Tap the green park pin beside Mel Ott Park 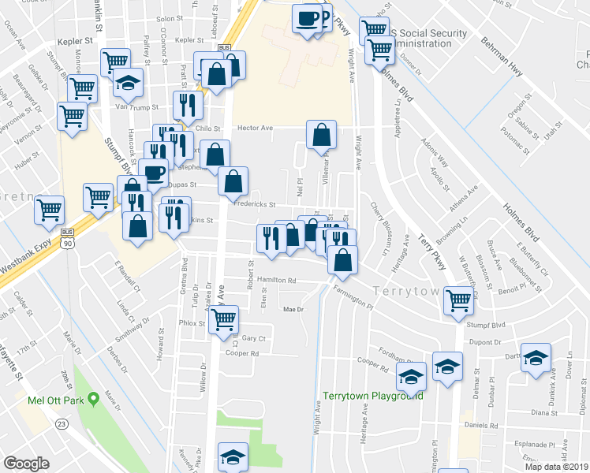click(93, 397)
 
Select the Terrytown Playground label click(372, 396)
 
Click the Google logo click(26, 463)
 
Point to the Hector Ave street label click(255, 127)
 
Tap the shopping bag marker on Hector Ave click(322, 136)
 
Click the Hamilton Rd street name click(275, 280)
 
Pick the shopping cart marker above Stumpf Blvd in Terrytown click(458, 300)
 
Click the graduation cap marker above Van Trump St click(127, 82)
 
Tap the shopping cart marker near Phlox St click(224, 319)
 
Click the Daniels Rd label click(483, 426)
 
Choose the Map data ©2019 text click(556, 466)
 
